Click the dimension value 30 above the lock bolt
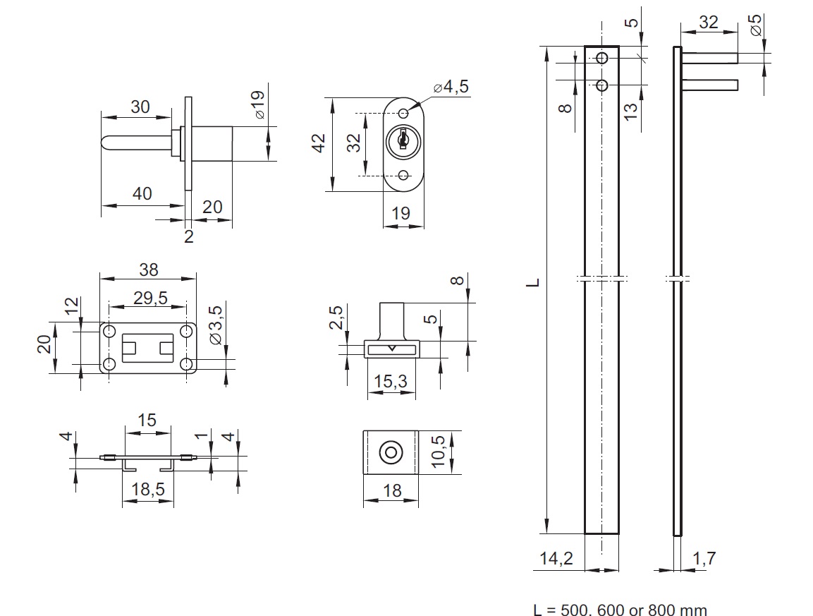click(x=140, y=107)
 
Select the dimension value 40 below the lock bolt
click(x=142, y=193)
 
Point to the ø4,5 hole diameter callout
click(x=451, y=87)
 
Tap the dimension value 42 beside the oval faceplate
click(x=318, y=143)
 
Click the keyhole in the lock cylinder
click(x=403, y=140)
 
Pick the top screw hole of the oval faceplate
click(x=403, y=114)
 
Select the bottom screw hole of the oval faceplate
click(x=403, y=175)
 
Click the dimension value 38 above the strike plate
click(x=149, y=269)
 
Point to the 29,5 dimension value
click(x=149, y=298)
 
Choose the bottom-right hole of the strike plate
click(x=187, y=364)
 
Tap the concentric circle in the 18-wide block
click(x=390, y=453)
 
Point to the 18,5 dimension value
click(x=148, y=488)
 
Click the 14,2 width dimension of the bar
click(x=557, y=559)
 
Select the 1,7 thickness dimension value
click(x=703, y=559)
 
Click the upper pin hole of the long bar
click(x=601, y=58)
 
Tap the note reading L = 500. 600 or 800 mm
click(x=620, y=610)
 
